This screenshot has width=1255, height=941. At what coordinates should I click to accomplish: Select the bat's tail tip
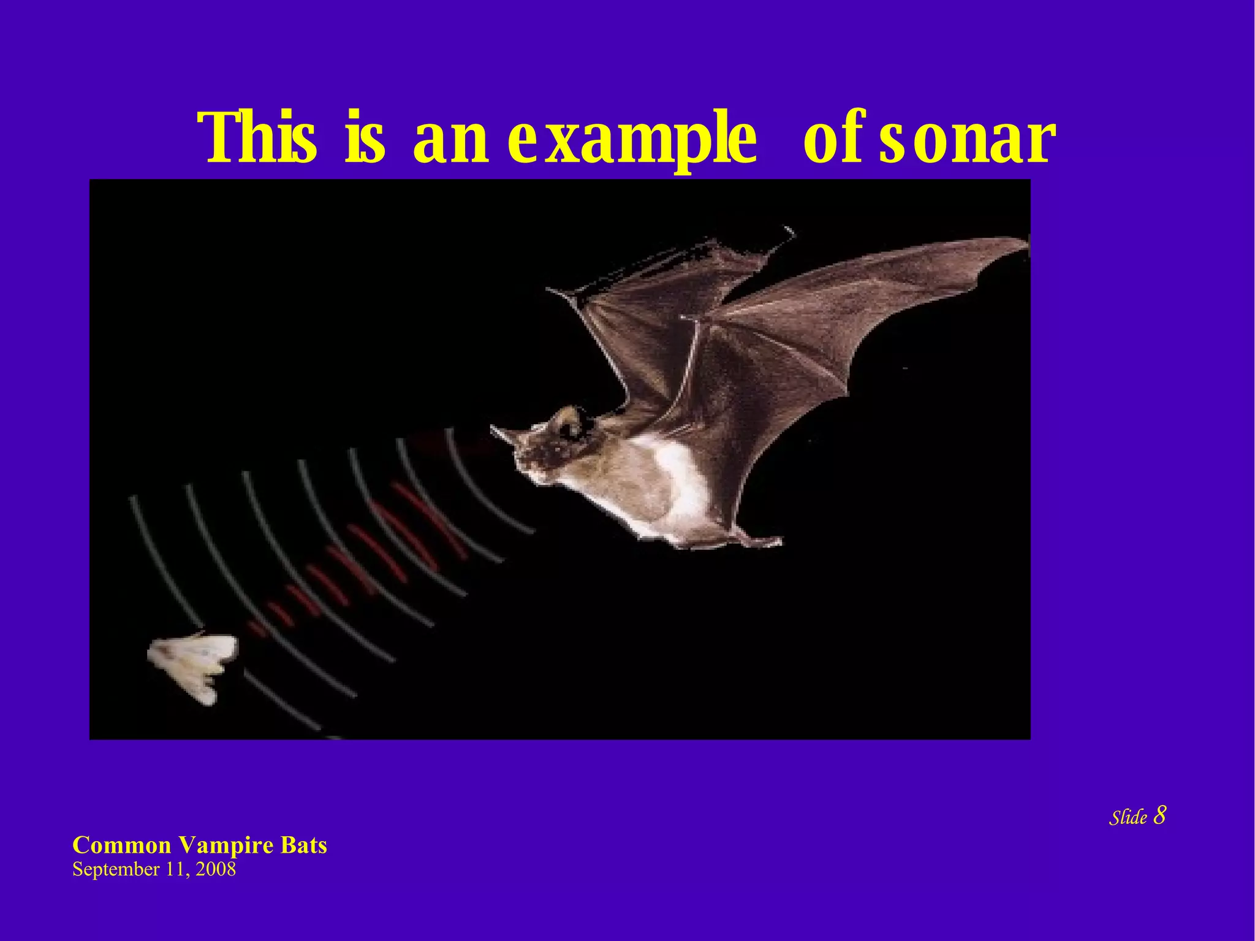click(x=776, y=541)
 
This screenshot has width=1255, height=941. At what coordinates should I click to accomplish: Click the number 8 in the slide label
click(x=1159, y=815)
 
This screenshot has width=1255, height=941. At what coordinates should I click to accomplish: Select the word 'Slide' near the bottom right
click(x=1128, y=817)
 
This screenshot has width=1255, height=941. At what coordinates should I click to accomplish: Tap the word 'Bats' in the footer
click(x=304, y=845)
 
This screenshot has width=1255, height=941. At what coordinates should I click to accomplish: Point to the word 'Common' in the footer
click(x=122, y=846)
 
